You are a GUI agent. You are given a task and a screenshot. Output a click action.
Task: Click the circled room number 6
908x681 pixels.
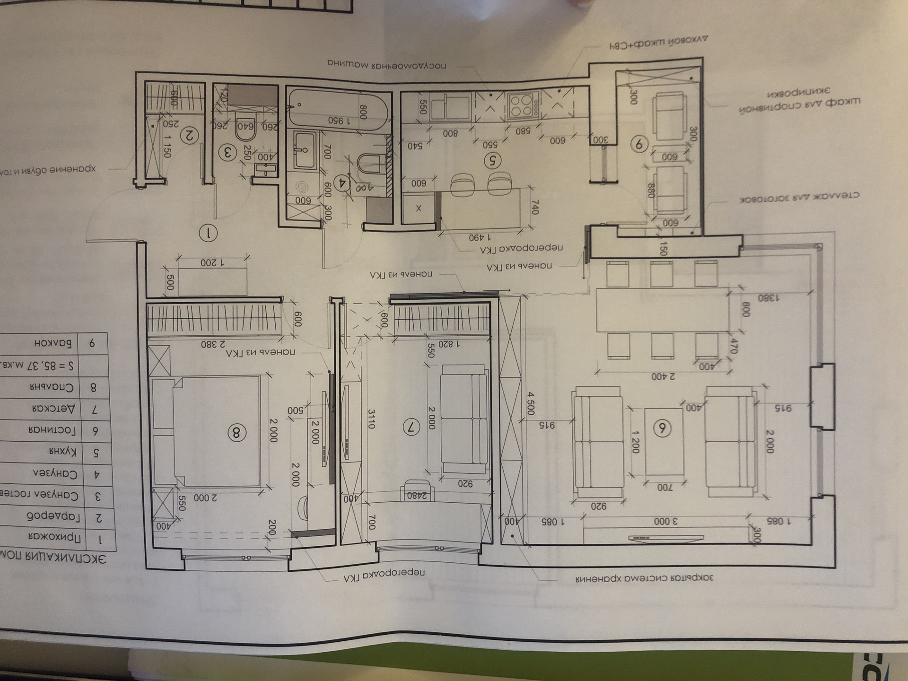662,428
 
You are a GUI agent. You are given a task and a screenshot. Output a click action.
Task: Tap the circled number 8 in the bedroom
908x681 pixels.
236,432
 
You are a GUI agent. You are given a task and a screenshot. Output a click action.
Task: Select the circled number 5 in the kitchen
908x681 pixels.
492,161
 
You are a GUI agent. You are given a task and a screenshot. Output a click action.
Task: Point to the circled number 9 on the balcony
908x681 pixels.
639,144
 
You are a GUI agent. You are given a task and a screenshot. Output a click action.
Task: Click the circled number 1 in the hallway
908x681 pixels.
208,233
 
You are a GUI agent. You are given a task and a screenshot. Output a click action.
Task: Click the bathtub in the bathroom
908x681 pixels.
338,111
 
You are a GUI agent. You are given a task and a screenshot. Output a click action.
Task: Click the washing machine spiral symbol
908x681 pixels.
301,187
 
